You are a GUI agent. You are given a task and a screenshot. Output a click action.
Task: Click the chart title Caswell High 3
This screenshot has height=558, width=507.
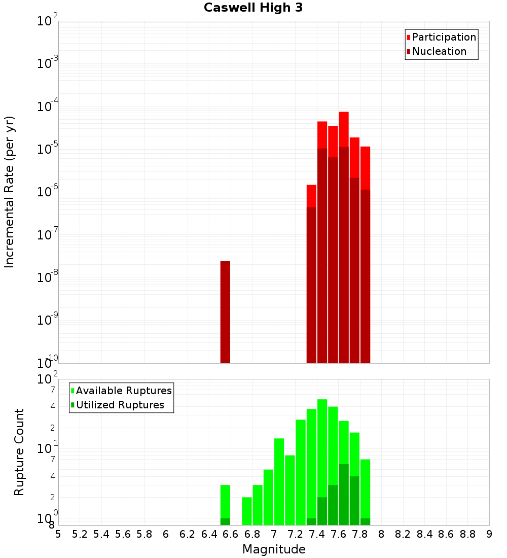tap(253, 8)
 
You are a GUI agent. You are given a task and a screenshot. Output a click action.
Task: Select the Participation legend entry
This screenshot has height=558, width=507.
tap(444, 38)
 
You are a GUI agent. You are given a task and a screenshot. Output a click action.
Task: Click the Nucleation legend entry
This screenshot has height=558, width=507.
tap(439, 52)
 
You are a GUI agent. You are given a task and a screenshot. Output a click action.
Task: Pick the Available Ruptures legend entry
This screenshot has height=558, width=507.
tap(124, 391)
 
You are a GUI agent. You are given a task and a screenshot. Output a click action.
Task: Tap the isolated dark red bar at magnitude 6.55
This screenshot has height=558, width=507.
tap(225, 312)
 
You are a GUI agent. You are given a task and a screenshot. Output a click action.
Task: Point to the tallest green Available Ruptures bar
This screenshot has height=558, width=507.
tap(322, 446)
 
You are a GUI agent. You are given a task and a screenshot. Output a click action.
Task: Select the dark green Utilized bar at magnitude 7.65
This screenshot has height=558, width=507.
tap(344, 495)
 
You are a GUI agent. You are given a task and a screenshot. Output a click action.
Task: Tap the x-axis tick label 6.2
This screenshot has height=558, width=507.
tap(188, 535)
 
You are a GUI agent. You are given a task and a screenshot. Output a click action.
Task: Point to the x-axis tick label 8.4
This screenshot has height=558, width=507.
tap(425, 535)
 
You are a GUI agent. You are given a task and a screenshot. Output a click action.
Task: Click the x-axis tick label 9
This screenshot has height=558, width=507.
tap(489, 535)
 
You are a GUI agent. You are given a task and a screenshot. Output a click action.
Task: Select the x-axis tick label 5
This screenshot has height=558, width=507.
tap(58, 535)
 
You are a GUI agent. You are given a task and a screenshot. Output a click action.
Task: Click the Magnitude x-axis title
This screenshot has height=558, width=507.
tap(274, 549)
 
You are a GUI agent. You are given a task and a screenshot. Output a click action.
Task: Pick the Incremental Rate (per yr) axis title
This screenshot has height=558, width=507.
tap(10, 192)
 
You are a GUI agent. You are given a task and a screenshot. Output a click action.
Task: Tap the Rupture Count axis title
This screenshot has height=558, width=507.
tap(19, 451)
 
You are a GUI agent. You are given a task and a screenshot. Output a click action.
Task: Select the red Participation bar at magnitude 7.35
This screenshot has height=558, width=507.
tap(311, 196)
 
